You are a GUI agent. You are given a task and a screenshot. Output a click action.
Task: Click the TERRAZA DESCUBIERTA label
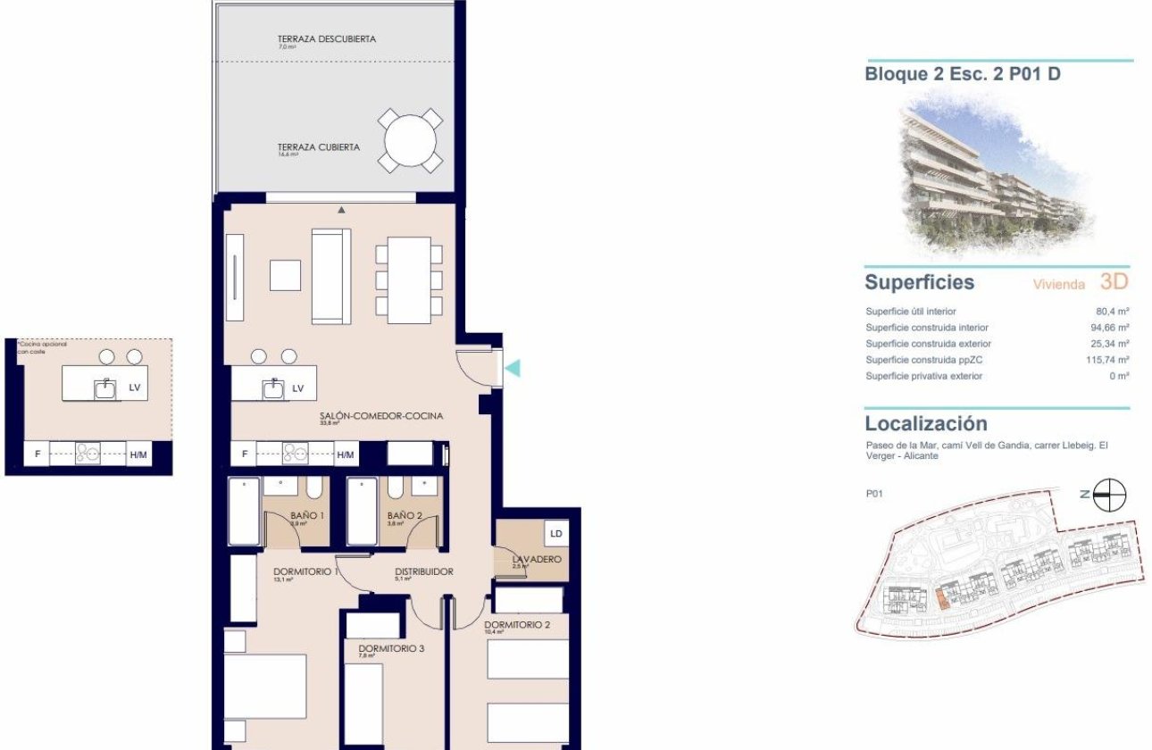(x=326, y=39)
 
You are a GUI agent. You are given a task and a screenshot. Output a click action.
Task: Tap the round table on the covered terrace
(x=411, y=141)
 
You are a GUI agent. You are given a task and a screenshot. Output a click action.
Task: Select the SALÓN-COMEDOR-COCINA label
(x=381, y=416)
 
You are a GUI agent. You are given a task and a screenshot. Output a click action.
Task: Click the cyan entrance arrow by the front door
(x=512, y=367)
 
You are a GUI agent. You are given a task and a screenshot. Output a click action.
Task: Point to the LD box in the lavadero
(x=556, y=534)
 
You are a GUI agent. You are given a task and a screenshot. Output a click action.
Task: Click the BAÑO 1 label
(x=307, y=515)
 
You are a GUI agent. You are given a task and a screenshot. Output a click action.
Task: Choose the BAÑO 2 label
(x=405, y=515)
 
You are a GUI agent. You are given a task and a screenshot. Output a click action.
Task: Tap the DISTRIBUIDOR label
(x=424, y=572)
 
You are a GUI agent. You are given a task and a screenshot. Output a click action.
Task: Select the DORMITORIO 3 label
(x=390, y=649)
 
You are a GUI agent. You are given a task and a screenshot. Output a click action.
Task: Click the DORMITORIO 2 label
(x=516, y=625)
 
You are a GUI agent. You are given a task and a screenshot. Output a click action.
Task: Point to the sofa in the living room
(x=330, y=276)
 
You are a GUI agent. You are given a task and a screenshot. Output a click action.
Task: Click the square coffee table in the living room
(x=286, y=275)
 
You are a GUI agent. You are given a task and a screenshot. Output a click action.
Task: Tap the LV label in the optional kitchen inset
(x=135, y=388)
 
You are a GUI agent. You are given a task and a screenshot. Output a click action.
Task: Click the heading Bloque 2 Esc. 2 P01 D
(x=963, y=74)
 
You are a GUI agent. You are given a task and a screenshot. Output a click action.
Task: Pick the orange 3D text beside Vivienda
(x=1114, y=282)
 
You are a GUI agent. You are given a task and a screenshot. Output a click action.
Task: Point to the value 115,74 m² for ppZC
(x=1105, y=360)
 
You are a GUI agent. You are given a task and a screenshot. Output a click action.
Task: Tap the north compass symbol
(x=1110, y=495)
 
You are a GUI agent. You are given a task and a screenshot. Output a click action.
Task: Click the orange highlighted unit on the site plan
(x=943, y=598)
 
